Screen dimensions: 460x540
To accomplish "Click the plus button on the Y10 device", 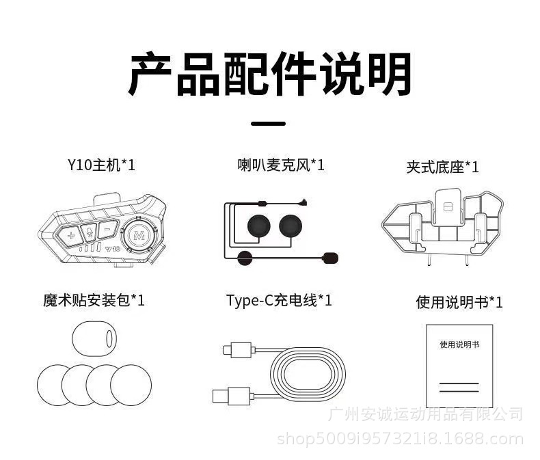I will (70, 234).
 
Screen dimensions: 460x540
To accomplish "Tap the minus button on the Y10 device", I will (107, 230).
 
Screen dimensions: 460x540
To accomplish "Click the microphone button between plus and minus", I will (89, 232).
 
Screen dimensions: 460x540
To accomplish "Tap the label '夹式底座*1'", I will (443, 167).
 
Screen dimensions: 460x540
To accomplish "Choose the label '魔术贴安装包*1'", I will (94, 300).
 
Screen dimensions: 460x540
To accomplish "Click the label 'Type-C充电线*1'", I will (279, 300).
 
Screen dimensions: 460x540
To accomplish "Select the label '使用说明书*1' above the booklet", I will (459, 301).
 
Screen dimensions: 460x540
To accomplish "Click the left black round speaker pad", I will (259, 226).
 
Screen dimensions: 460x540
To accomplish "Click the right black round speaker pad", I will (291, 226).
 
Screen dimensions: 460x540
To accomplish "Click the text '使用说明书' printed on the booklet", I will (459, 344).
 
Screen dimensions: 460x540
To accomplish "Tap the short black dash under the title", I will (269, 124).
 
